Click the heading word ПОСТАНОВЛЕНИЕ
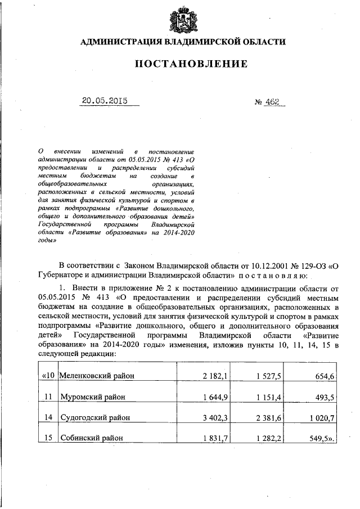coord(191,64)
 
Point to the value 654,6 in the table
coord(324,375)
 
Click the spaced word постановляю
coord(273,276)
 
